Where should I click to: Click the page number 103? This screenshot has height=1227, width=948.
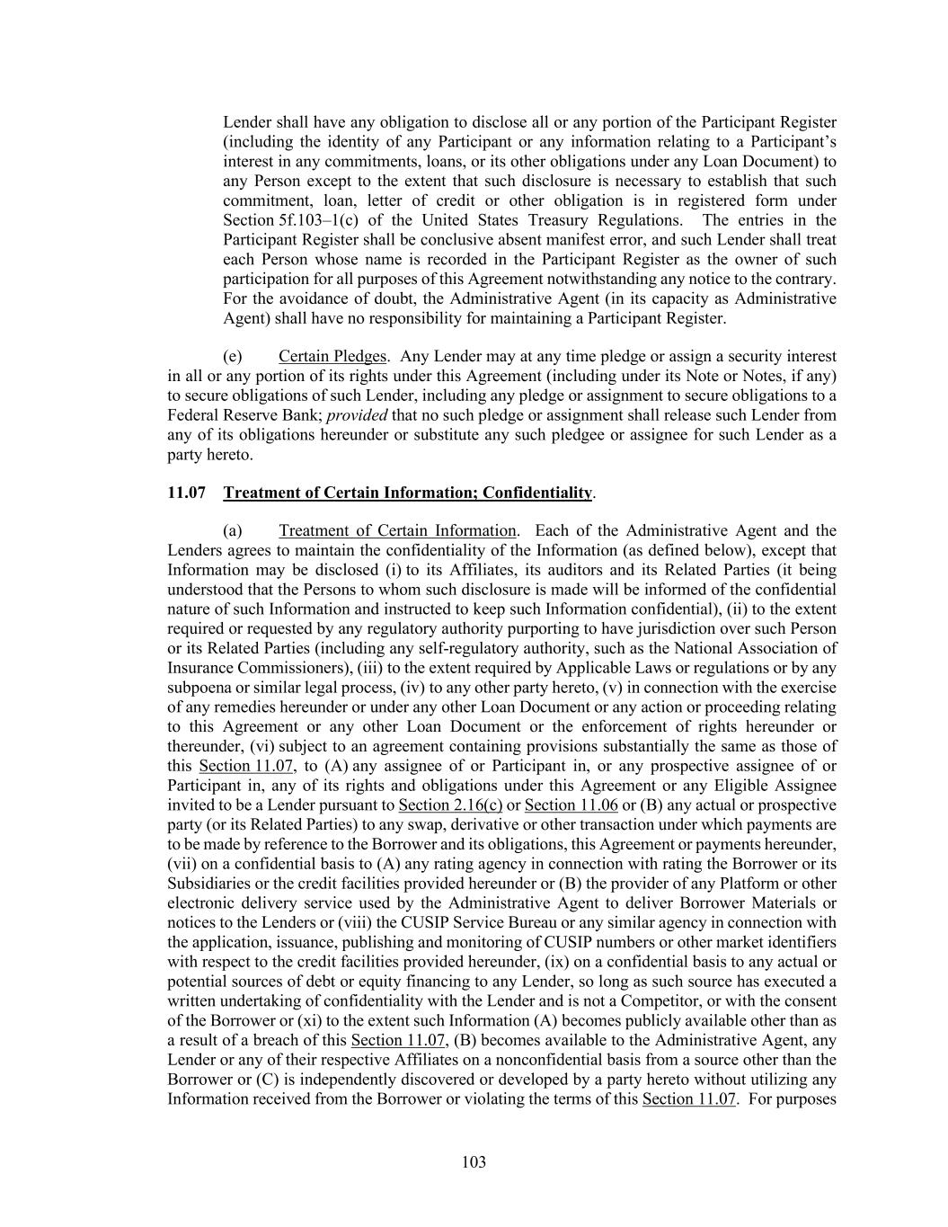coord(474,1162)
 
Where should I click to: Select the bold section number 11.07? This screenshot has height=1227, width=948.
coord(187,493)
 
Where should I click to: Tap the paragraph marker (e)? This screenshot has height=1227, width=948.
coord(232,356)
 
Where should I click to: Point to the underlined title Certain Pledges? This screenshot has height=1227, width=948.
coord(332,356)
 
